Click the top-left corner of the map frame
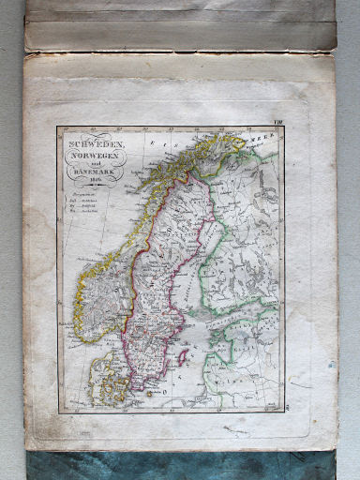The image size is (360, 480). click(x=57, y=127)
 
